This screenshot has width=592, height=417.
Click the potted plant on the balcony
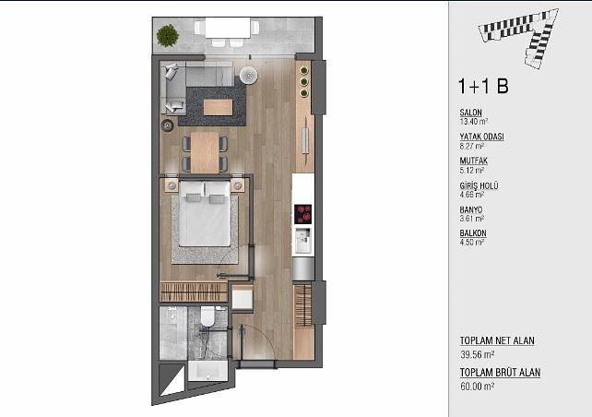[x=167, y=35]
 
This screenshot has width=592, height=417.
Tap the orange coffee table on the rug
[x=218, y=107]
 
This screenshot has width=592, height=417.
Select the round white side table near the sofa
[x=248, y=75]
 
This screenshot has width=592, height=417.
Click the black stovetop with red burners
[x=302, y=214]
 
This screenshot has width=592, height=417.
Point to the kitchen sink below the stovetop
[x=302, y=240]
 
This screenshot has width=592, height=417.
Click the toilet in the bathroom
[x=207, y=316]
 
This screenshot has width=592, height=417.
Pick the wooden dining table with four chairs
[x=205, y=152]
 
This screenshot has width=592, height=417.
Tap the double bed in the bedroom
[x=205, y=214]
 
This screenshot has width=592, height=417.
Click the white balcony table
[x=228, y=28]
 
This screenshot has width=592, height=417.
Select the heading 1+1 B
[x=483, y=86]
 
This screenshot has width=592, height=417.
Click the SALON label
[x=470, y=113]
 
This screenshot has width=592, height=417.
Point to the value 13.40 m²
[x=473, y=122]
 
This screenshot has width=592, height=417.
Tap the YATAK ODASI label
[x=481, y=137]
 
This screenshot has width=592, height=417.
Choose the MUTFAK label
[x=473, y=161]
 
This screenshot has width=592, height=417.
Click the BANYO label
[x=471, y=209]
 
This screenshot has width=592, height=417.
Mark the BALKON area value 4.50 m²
[x=471, y=242]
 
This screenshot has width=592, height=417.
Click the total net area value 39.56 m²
[x=478, y=354]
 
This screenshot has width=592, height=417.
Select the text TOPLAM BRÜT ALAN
[x=500, y=373]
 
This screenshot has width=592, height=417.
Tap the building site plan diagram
[x=518, y=38]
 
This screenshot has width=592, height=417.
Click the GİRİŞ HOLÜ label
[x=479, y=185]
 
